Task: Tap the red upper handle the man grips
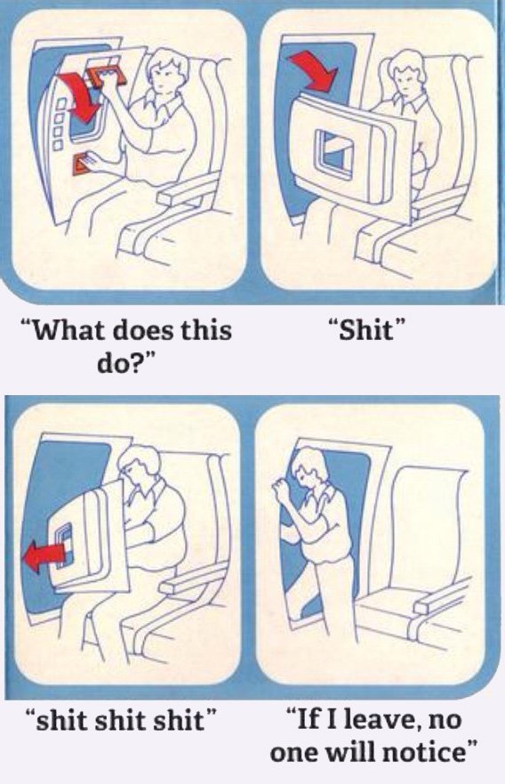[x=108, y=76]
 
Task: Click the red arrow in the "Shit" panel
[x=313, y=71]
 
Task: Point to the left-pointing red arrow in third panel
[x=44, y=556]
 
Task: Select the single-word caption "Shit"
[x=365, y=330]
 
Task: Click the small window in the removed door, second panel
[x=334, y=152]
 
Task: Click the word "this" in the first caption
[x=205, y=330]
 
